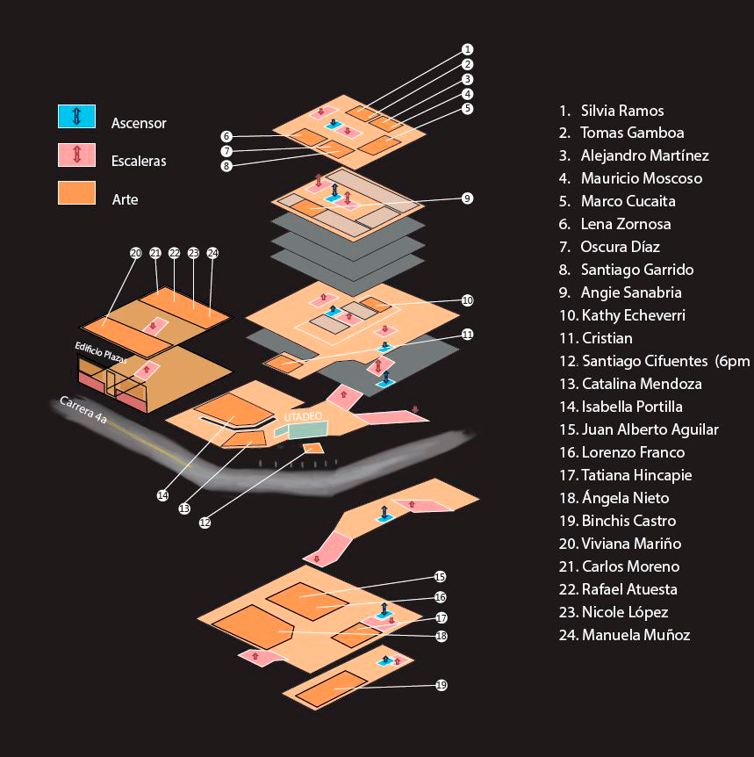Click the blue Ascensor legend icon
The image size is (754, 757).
76,115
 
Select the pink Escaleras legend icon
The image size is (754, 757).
76,154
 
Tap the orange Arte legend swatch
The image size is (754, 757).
76,192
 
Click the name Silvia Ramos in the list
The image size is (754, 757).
621,111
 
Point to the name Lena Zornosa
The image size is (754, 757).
626,225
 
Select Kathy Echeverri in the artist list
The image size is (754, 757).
633,315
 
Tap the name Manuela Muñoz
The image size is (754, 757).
636,635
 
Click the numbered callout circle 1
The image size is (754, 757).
468,49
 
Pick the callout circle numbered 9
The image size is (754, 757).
468,198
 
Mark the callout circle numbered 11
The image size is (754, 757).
468,335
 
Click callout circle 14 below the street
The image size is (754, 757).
162,495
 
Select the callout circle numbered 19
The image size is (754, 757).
442,685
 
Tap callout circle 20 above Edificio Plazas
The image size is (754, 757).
135,253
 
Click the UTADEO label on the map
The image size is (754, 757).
304,416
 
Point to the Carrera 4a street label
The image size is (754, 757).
83,410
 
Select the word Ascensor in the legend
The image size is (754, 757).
139,124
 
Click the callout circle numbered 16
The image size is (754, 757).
441,597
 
